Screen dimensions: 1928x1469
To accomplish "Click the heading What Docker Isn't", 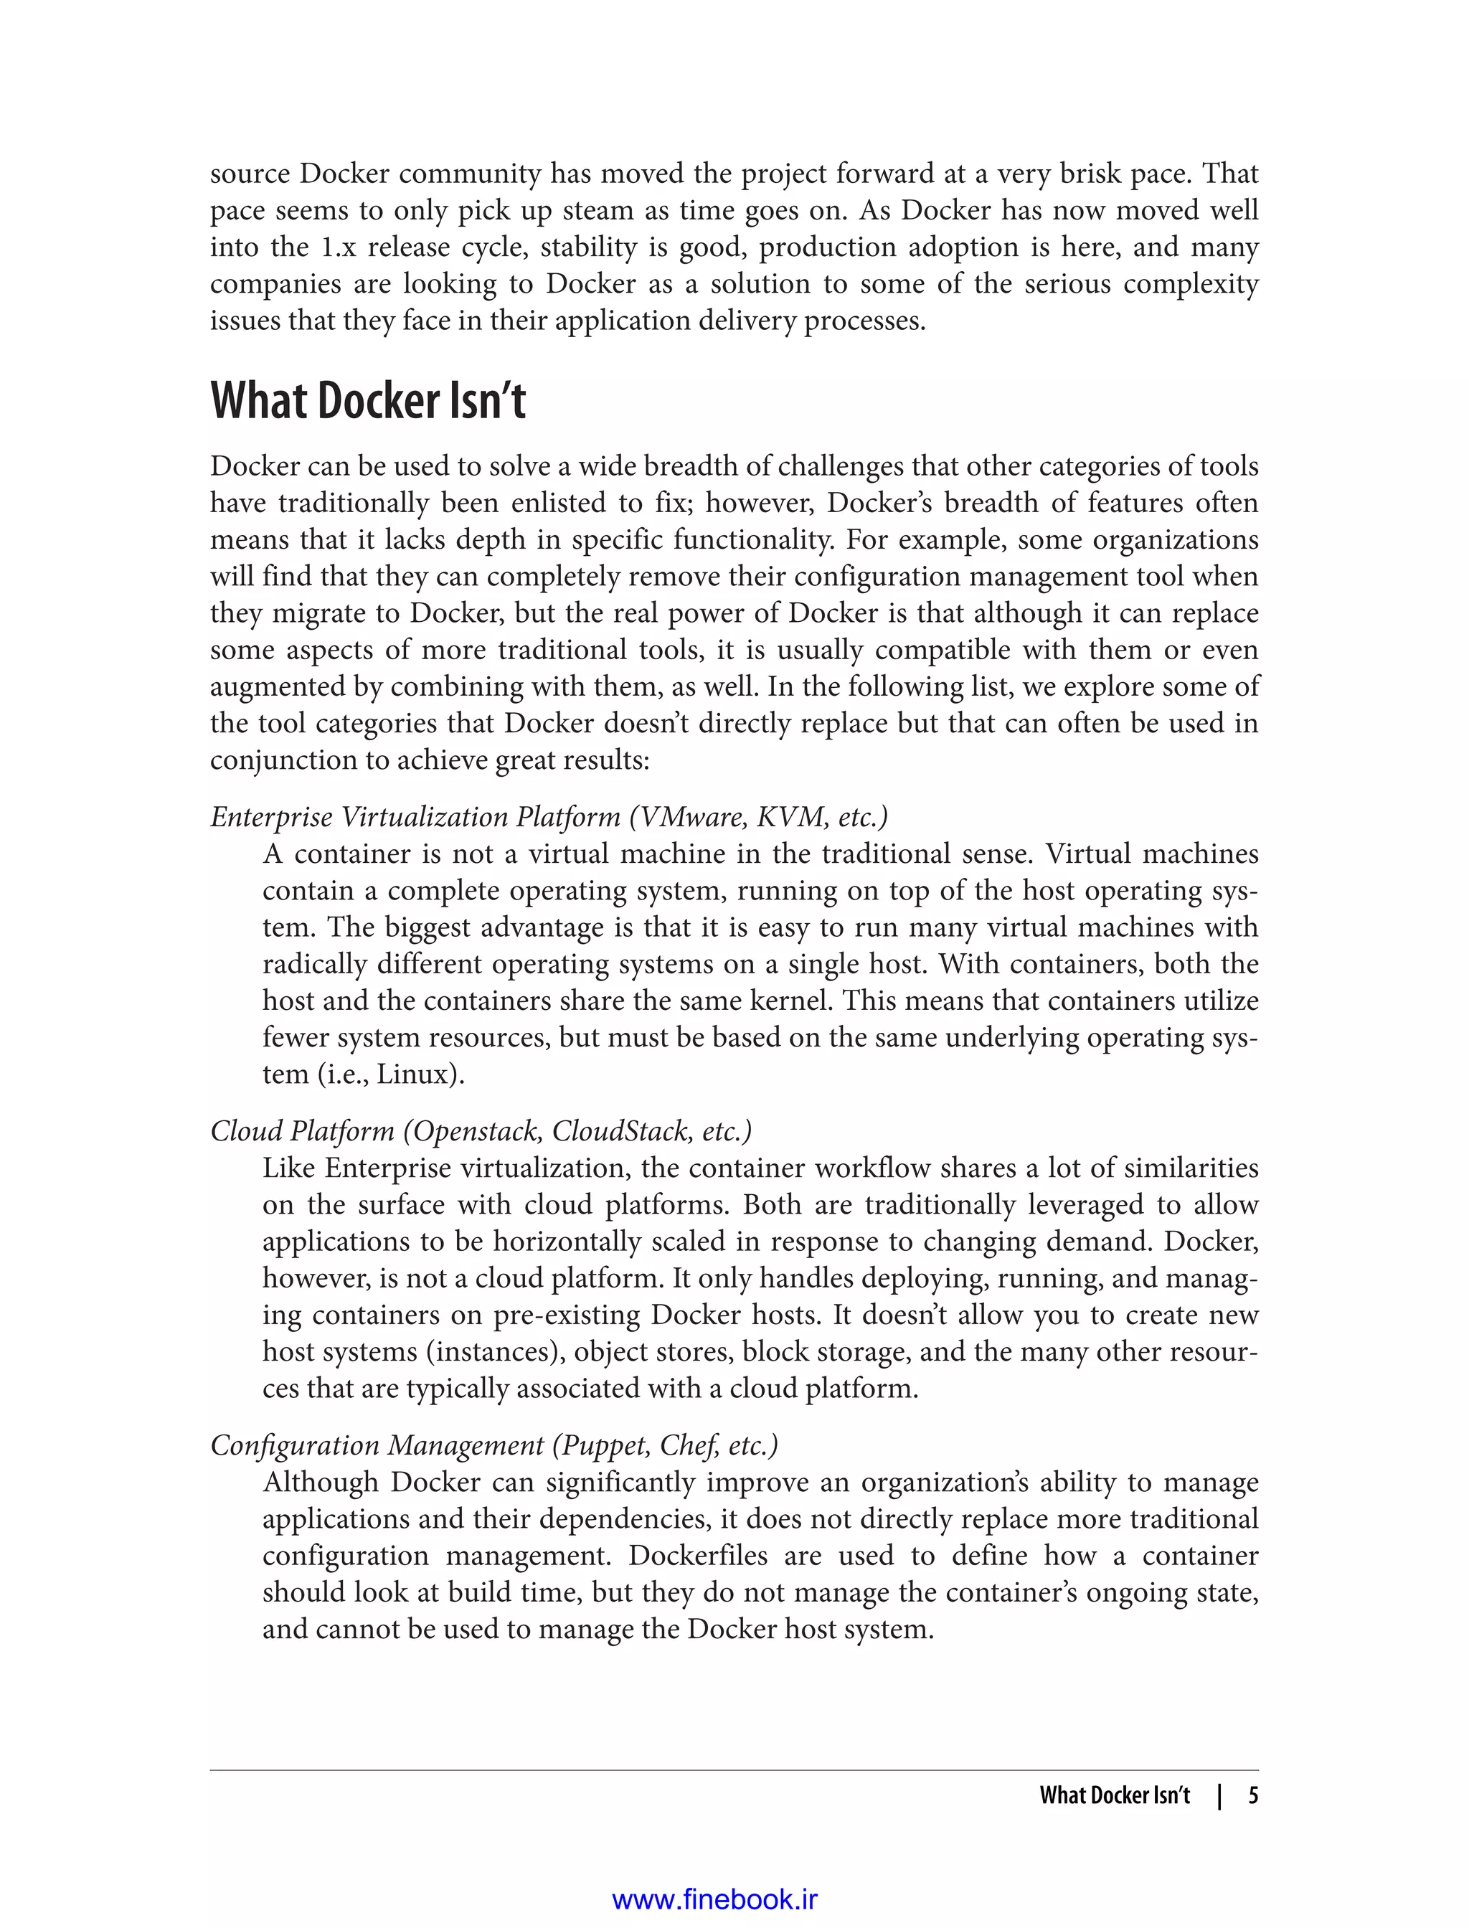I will click(368, 402).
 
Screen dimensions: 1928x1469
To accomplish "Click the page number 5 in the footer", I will click(1253, 1795).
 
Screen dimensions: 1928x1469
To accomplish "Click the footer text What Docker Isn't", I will click(1115, 1795).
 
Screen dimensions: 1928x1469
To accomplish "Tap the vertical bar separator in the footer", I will click(1221, 1795).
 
